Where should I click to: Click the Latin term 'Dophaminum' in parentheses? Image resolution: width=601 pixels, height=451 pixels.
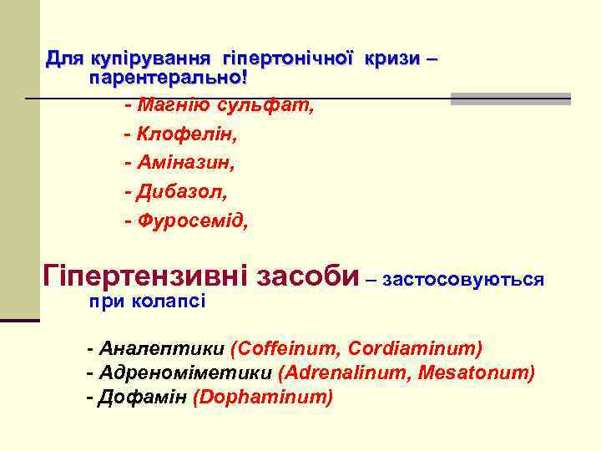click(x=262, y=397)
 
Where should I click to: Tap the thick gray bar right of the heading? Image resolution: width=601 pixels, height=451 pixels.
click(x=510, y=99)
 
